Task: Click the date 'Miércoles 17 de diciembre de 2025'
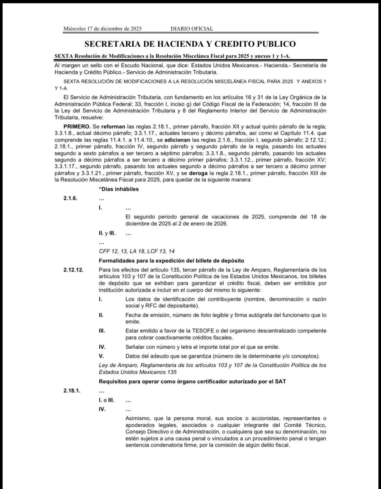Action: coord(102,29)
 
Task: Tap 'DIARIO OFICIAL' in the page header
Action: coord(192,29)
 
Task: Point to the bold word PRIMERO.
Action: coord(77,126)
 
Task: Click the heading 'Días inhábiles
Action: coord(119,189)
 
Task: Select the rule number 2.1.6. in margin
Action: coord(71,198)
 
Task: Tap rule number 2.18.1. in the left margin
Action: coord(72,391)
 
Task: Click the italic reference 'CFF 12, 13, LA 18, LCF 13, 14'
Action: coord(137,251)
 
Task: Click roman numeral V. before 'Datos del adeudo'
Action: coord(101,356)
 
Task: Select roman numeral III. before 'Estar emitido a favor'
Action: coord(102,331)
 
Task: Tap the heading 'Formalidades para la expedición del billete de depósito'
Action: coord(171,261)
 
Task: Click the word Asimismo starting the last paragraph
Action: coord(137,418)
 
